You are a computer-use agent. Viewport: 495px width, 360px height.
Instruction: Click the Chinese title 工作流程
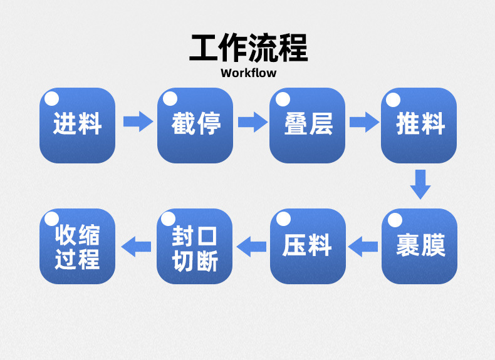coord(248,48)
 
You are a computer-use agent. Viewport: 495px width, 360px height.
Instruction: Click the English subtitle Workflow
coord(248,73)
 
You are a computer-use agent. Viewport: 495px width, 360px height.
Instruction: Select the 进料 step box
coord(77,125)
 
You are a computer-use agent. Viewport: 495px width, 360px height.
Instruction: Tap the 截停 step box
coord(195,125)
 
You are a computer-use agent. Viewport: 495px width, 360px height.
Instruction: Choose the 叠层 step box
coord(307,125)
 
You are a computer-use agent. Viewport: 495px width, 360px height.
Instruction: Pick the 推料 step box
coord(419,125)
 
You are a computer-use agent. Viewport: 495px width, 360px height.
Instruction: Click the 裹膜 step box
coord(419,246)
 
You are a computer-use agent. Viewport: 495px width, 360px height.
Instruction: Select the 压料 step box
coord(307,246)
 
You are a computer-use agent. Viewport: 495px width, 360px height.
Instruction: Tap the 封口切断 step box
coord(195,246)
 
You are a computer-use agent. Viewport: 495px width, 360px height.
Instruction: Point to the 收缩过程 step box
coord(77,246)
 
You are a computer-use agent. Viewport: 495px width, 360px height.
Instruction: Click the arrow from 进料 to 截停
coord(137,121)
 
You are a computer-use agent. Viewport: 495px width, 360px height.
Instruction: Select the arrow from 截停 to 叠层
coord(252,121)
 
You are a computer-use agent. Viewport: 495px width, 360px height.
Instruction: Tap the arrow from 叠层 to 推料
coord(364,121)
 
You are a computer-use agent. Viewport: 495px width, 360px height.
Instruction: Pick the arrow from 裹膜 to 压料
coord(363,246)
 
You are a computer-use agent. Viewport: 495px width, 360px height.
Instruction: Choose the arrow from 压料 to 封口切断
coord(251,246)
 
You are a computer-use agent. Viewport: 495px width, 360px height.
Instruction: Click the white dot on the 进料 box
coord(52,98)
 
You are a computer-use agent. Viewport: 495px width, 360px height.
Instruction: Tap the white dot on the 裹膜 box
coord(394,219)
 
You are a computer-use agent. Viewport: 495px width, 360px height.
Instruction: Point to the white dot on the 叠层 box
coord(283,98)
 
